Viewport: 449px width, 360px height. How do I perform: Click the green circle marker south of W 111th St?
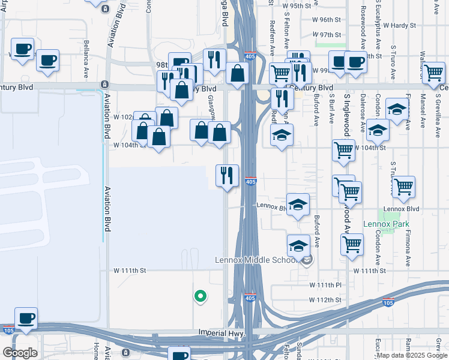[x=200, y=296]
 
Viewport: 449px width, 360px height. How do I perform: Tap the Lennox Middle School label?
[x=256, y=260]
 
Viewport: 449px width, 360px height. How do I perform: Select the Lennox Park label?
[x=386, y=224]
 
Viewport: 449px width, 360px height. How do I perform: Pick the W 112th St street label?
[x=325, y=299]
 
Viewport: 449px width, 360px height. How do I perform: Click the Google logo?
[x=20, y=352]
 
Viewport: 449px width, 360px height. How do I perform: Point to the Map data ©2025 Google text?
[x=412, y=355]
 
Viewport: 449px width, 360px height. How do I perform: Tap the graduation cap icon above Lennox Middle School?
[x=298, y=245]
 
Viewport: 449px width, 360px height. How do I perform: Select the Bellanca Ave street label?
[x=86, y=53]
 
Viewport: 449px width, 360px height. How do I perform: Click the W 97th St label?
[x=327, y=35]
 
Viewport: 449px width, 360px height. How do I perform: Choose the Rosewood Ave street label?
[x=363, y=29]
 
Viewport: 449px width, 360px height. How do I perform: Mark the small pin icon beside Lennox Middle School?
[x=307, y=260]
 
